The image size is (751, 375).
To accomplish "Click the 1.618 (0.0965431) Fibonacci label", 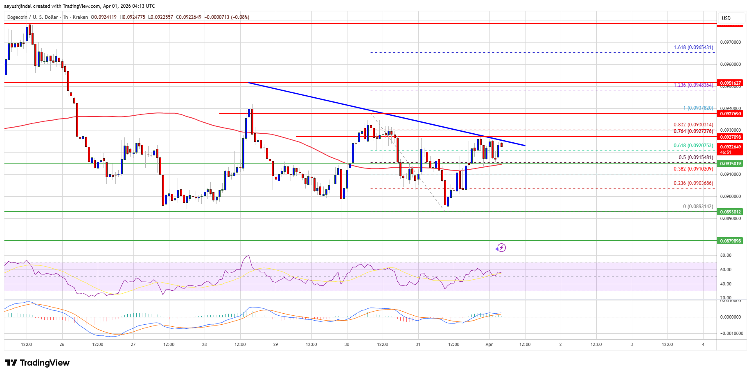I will (693, 47).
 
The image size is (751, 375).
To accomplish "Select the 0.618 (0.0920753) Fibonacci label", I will (693, 146).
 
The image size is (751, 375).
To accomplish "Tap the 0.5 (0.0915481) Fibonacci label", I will (696, 157).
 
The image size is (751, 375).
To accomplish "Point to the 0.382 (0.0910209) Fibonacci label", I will (693, 168).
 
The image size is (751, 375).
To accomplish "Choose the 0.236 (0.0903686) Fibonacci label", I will (693, 183).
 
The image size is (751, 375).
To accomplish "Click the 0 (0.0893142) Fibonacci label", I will (698, 207).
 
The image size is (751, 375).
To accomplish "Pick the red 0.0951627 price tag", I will (731, 83).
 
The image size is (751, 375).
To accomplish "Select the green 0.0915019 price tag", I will (731, 164).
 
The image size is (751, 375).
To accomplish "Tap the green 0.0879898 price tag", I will (731, 241).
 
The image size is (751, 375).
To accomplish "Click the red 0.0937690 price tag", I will (731, 114).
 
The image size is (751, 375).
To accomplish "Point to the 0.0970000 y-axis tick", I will (731, 42).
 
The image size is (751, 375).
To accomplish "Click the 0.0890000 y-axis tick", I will (731, 218).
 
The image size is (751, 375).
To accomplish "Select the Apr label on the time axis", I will (489, 344).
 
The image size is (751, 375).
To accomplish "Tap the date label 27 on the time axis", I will (133, 344).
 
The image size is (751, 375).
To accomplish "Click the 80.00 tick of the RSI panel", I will (726, 255).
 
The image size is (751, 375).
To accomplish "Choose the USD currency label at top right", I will (726, 18).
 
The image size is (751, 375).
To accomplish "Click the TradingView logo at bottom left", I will (37, 363).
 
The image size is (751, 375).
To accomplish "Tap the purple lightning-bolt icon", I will (501, 247).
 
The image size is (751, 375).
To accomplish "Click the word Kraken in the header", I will (80, 17).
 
